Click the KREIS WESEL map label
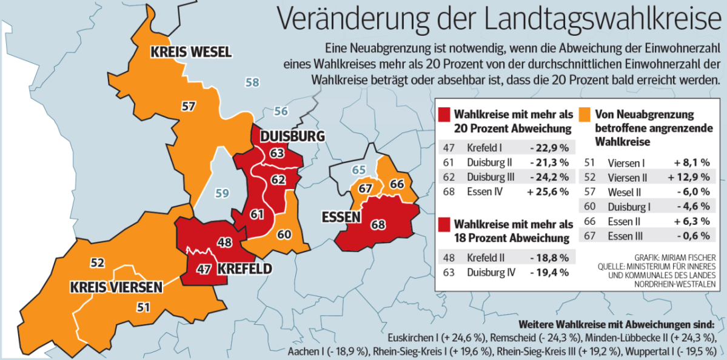click(191, 52)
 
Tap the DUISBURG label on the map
click(292, 136)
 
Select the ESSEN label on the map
click(341, 217)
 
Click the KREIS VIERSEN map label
click(116, 286)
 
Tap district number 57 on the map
click(189, 106)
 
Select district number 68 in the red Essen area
click(378, 225)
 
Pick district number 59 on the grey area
click(223, 194)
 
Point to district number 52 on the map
click(98, 262)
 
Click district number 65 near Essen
click(359, 170)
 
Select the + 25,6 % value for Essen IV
click(549, 192)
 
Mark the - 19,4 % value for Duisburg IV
click(549, 272)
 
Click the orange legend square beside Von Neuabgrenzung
click(585, 113)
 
